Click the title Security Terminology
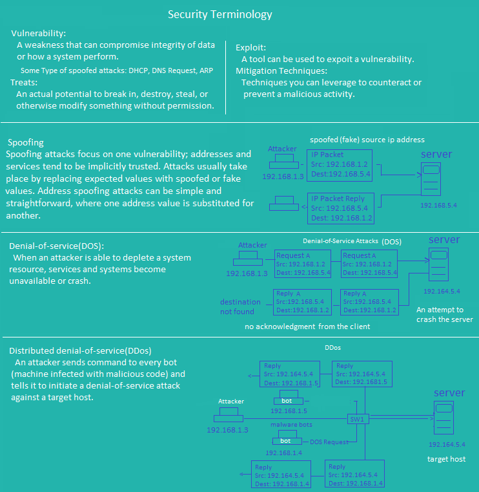coord(220,14)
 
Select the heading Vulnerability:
coord(39,33)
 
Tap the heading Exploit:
coord(250,48)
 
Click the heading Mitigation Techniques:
coord(281,71)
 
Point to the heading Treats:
coord(24,83)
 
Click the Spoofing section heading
coord(26,142)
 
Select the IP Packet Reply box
coord(341,208)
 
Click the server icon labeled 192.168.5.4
coord(431,179)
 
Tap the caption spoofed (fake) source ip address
coord(367,140)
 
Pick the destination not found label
coord(240,306)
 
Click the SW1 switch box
coord(358,419)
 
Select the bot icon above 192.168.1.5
coord(288,398)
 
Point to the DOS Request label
coord(329,442)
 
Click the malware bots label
coord(291,425)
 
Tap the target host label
coord(446,459)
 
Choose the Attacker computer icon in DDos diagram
coord(229,415)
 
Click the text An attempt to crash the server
coord(445,314)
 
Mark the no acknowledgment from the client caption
coord(307,326)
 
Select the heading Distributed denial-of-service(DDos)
coord(80,351)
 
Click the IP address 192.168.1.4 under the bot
coord(283,453)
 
